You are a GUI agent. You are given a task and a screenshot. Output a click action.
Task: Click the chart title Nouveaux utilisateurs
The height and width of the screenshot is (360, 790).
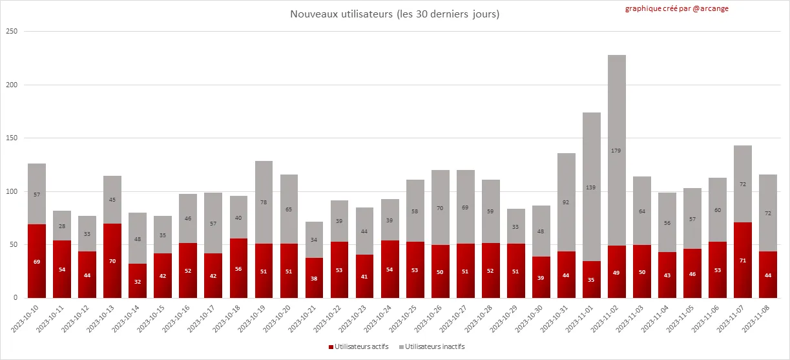(x=395, y=14)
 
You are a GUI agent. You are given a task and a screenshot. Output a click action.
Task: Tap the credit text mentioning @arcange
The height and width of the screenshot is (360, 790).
(x=676, y=9)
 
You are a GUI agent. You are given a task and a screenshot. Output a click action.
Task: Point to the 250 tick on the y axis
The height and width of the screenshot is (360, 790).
(x=11, y=32)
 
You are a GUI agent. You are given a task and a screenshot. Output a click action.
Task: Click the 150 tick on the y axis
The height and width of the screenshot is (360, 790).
(x=11, y=138)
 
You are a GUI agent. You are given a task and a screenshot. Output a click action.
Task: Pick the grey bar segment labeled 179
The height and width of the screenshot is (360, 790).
(x=617, y=150)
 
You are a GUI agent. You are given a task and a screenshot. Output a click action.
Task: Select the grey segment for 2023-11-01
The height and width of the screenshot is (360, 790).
(x=592, y=187)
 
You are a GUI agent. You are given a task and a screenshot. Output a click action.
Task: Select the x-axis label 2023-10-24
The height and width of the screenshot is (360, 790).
(x=380, y=318)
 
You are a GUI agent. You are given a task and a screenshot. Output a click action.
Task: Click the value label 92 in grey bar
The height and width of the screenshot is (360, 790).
(x=567, y=202)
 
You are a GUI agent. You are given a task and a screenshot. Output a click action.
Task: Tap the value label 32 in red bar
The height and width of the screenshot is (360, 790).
(x=138, y=281)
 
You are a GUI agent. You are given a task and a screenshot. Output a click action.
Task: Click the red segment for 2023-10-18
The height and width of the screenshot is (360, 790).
(x=238, y=268)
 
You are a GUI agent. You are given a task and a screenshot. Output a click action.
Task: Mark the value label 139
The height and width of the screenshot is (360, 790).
(x=592, y=187)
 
